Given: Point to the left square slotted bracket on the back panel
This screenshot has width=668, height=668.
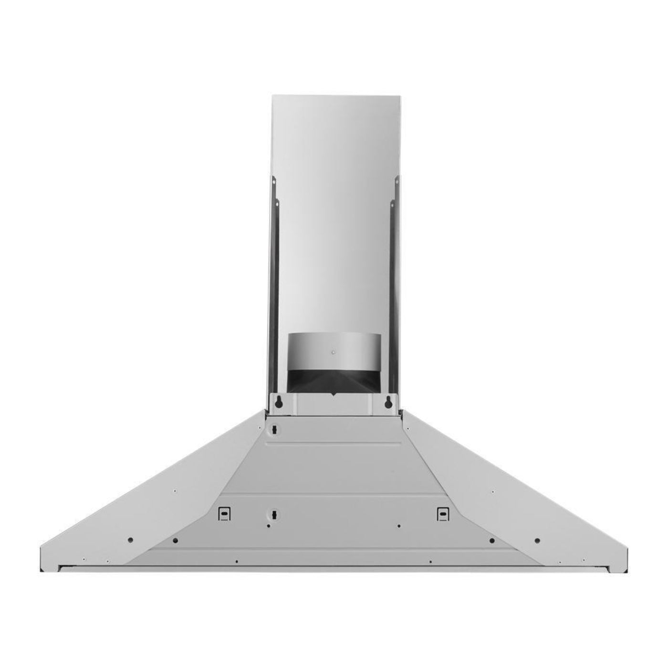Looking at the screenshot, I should click(x=223, y=513).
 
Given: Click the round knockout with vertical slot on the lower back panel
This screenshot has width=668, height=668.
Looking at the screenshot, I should click(x=274, y=515).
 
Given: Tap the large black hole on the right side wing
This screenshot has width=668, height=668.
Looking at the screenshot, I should click(x=537, y=540).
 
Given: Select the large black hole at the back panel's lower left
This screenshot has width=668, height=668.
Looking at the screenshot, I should click(x=176, y=540).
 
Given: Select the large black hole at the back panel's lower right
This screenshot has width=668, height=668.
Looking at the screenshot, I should click(x=491, y=540).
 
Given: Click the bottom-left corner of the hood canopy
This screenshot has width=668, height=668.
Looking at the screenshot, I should click(x=41, y=571).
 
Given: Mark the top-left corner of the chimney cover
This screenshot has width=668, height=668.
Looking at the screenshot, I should click(x=272, y=94).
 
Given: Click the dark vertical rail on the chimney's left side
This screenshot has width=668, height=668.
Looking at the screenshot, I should click(x=271, y=286).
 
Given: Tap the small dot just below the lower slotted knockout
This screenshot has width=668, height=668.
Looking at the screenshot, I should click(x=269, y=526).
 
